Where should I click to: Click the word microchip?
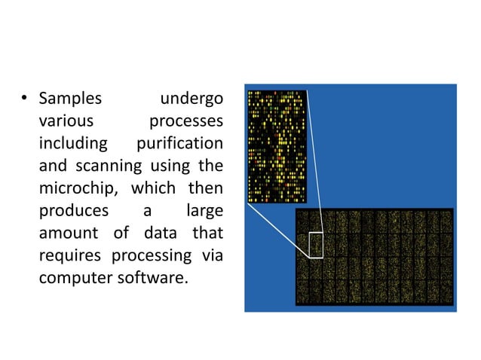tap(75, 188)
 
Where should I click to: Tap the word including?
tap(73, 143)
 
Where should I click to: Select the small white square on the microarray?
tap(315, 246)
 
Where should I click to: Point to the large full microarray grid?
tap(374, 256)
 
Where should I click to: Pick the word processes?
tap(185, 121)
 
